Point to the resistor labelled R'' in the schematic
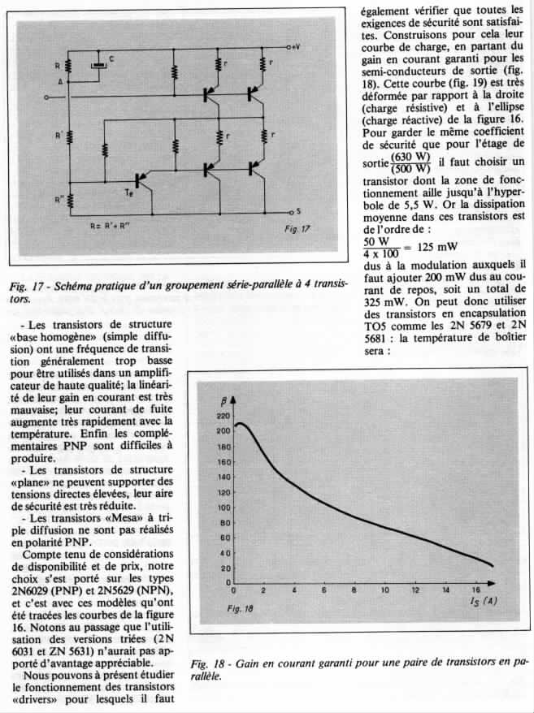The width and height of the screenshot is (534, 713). [x=68, y=198]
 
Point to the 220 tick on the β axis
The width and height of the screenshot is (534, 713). [x=223, y=416]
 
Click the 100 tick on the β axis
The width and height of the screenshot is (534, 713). [x=223, y=508]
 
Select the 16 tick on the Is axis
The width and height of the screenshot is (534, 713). [x=475, y=590]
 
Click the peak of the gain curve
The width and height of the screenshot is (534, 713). [x=241, y=423]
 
